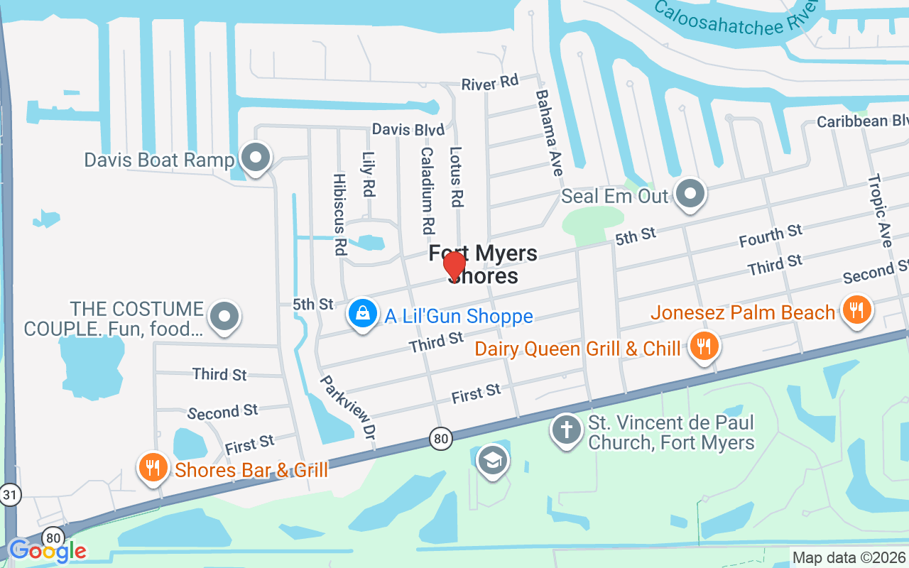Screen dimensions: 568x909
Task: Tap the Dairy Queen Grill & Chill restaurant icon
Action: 704,347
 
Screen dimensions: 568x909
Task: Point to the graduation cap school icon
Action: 491,459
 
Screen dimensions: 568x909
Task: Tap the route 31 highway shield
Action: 9,495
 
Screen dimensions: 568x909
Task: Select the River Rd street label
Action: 490,82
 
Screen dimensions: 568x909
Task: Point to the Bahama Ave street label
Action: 549,133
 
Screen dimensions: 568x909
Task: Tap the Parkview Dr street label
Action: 348,406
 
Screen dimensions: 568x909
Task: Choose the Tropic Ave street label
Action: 880,211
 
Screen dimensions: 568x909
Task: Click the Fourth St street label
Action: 770,235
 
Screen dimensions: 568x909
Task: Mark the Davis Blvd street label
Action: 408,130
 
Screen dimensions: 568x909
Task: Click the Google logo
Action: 47,550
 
